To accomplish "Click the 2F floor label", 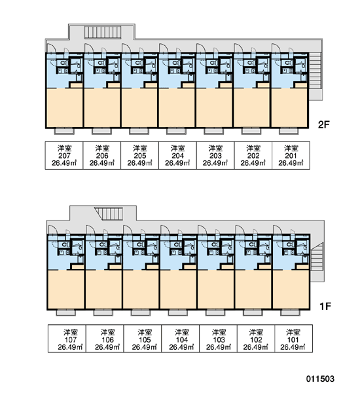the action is pos(323,124).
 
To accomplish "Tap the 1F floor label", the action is pos(325,306).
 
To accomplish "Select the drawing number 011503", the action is pos(320,379).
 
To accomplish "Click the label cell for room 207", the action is pos(64,155).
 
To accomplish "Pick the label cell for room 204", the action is pos(177,155).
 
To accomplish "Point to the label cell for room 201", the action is pos(291,155).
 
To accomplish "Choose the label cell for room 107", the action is pos(67,339).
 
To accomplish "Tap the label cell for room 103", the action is pos(218,339).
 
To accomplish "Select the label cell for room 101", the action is pos(294,339).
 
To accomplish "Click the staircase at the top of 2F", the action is pos(103,32).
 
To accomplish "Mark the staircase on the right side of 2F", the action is pos(315,71).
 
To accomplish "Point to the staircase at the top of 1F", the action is pos(109,214).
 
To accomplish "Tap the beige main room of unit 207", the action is pos(64,107).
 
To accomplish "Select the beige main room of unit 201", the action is pos(289,107).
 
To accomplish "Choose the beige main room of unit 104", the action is pos(179,290).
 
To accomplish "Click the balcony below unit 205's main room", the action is pos(139,131).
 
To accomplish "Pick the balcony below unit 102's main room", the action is pos(253,312).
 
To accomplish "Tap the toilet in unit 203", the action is pos(213,63).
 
